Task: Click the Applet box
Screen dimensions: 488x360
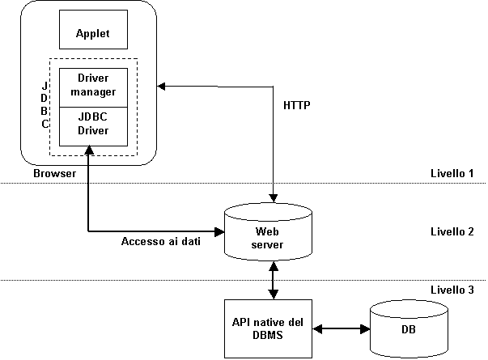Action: click(x=93, y=30)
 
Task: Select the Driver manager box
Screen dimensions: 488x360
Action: click(x=93, y=87)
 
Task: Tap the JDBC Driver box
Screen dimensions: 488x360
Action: click(x=93, y=127)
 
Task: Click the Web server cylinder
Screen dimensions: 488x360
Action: click(x=268, y=232)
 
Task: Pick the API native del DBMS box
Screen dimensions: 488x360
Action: click(x=268, y=328)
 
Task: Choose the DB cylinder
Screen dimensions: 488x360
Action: click(x=409, y=329)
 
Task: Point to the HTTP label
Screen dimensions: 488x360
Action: click(x=296, y=105)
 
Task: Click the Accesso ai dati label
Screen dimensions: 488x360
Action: click(x=160, y=241)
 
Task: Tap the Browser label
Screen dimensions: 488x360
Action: click(x=54, y=173)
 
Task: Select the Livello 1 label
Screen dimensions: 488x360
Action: click(x=452, y=173)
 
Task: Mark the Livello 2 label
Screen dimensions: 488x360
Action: click(x=452, y=231)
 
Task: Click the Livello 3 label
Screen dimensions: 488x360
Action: click(x=452, y=290)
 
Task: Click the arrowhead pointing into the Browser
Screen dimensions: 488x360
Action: click(x=161, y=87)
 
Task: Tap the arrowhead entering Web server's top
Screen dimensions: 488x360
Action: click(x=274, y=198)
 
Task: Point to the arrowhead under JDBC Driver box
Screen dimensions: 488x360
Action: click(x=89, y=150)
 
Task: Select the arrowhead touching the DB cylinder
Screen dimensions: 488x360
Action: click(x=365, y=329)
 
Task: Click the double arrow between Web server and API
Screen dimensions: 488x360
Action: click(x=274, y=281)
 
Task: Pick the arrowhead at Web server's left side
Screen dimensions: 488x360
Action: click(x=219, y=231)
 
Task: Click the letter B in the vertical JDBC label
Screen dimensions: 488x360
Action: click(x=45, y=111)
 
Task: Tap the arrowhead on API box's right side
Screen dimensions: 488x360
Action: click(x=317, y=329)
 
